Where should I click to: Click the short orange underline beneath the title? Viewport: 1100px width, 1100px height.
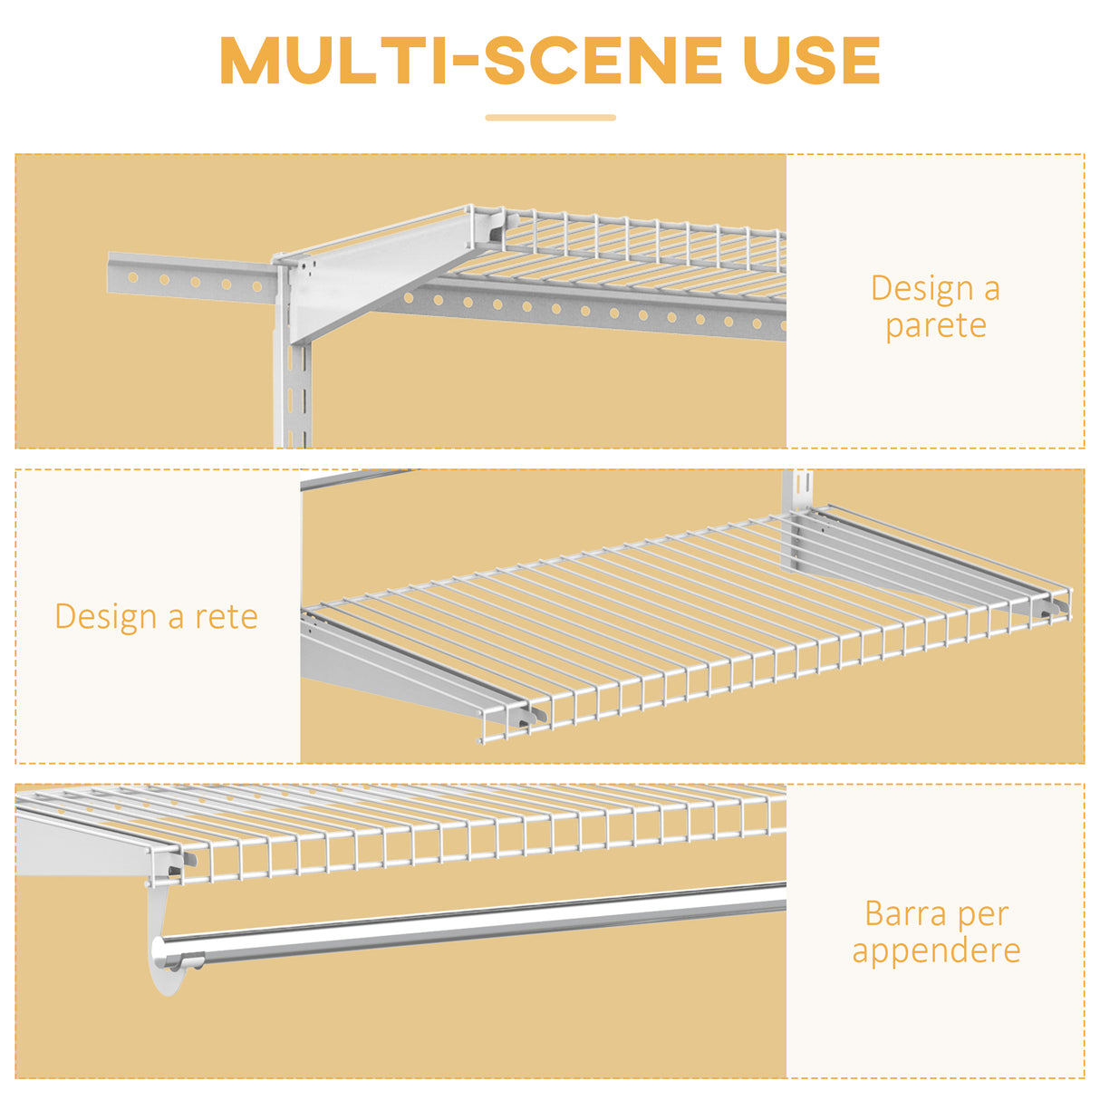[550, 118]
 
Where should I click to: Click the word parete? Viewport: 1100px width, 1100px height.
[936, 325]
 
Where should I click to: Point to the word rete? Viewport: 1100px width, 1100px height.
[227, 617]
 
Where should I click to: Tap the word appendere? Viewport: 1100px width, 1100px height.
[936, 950]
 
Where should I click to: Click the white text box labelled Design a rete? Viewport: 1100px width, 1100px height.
[158, 616]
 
